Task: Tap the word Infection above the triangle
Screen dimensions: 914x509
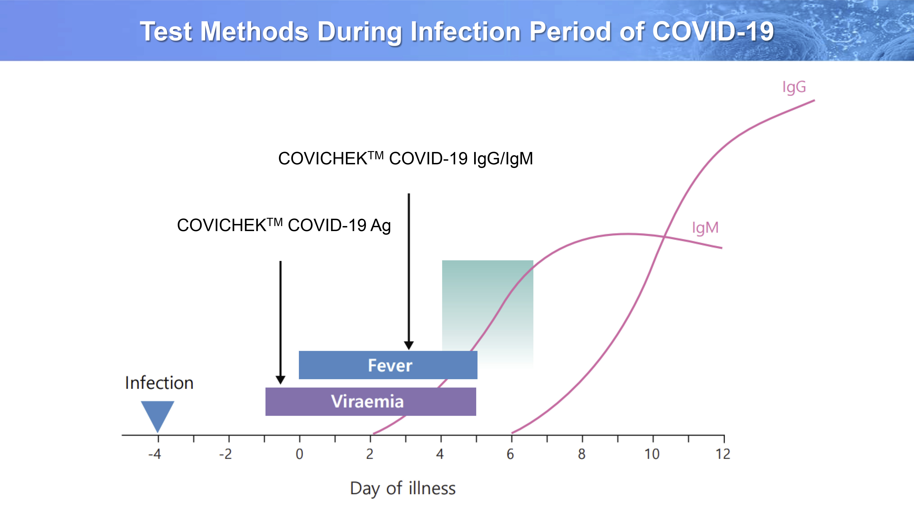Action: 159,383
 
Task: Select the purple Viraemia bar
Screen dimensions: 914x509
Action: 371,401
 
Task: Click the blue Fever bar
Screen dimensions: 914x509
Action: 388,365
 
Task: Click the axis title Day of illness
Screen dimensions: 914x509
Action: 403,488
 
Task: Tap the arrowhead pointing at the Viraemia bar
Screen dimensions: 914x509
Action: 280,380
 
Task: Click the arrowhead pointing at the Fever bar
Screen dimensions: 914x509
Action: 409,345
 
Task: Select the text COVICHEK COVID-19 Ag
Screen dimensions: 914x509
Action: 284,225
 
